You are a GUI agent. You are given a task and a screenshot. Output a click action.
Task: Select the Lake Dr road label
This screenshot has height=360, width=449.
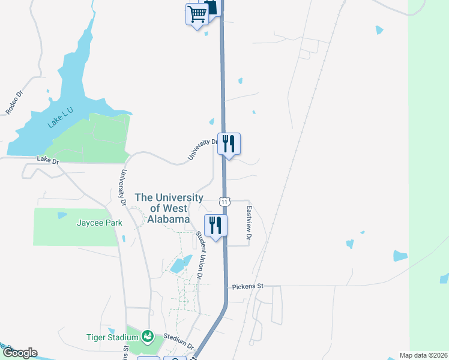(x=48, y=160)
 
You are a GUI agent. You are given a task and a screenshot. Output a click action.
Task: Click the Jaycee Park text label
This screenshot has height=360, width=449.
(x=99, y=223)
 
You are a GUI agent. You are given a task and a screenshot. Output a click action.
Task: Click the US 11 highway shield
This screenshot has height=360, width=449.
(x=223, y=202)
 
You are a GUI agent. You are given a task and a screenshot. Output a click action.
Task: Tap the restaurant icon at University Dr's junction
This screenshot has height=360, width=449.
(x=229, y=143)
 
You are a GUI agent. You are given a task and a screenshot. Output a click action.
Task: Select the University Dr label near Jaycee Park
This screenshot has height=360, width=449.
(x=122, y=187)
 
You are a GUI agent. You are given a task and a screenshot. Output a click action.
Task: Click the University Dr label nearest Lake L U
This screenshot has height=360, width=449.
(x=202, y=149)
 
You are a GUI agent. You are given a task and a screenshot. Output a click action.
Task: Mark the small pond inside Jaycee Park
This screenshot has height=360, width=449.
(x=61, y=215)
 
